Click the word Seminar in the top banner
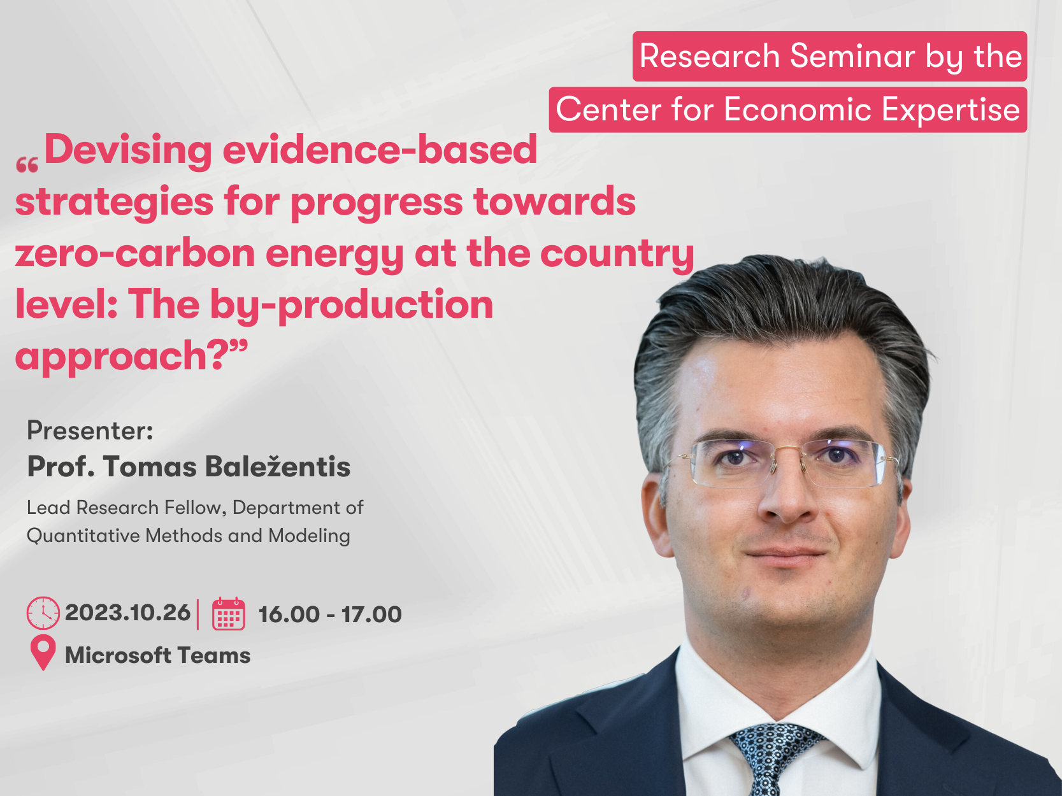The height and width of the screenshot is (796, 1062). coord(852,56)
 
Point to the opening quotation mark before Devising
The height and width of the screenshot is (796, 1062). coord(27,166)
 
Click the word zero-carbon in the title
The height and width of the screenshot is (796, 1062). coord(135,254)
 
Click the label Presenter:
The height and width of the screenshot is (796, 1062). coord(90,430)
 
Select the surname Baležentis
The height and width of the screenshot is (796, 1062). coord(278,467)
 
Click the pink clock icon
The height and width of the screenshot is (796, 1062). coord(43,613)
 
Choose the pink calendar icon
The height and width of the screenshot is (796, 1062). coord(229,614)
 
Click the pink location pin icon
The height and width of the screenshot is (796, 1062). coord(43,653)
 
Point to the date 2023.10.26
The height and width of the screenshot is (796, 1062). coord(127,613)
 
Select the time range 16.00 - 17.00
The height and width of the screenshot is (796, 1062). coord(331,615)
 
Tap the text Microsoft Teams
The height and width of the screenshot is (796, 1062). coord(158,656)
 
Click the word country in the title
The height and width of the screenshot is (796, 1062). coord(617,254)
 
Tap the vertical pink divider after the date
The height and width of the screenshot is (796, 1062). coord(198,614)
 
